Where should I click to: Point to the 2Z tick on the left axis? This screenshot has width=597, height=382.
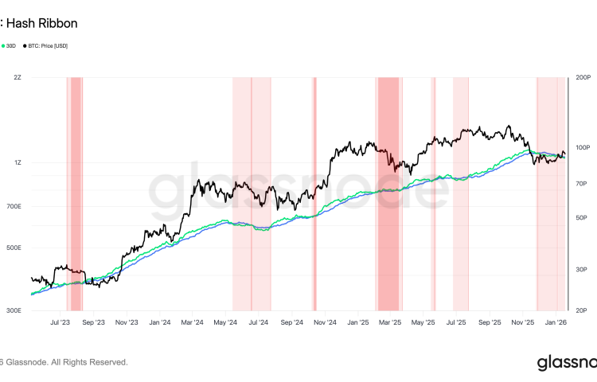(17, 77)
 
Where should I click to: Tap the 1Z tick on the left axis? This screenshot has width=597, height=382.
(17, 162)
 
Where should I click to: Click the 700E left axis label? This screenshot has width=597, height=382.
(14, 206)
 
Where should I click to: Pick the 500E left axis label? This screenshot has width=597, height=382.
(14, 248)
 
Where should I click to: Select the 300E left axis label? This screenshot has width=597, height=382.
(14, 310)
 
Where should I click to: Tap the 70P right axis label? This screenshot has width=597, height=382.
(579, 183)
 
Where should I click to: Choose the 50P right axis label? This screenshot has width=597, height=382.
(579, 217)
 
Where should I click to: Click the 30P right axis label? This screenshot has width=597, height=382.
(579, 269)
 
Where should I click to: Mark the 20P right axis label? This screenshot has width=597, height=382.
(579, 310)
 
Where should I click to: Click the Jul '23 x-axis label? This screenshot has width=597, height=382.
(60, 323)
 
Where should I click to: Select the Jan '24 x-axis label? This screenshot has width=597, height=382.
(160, 323)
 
